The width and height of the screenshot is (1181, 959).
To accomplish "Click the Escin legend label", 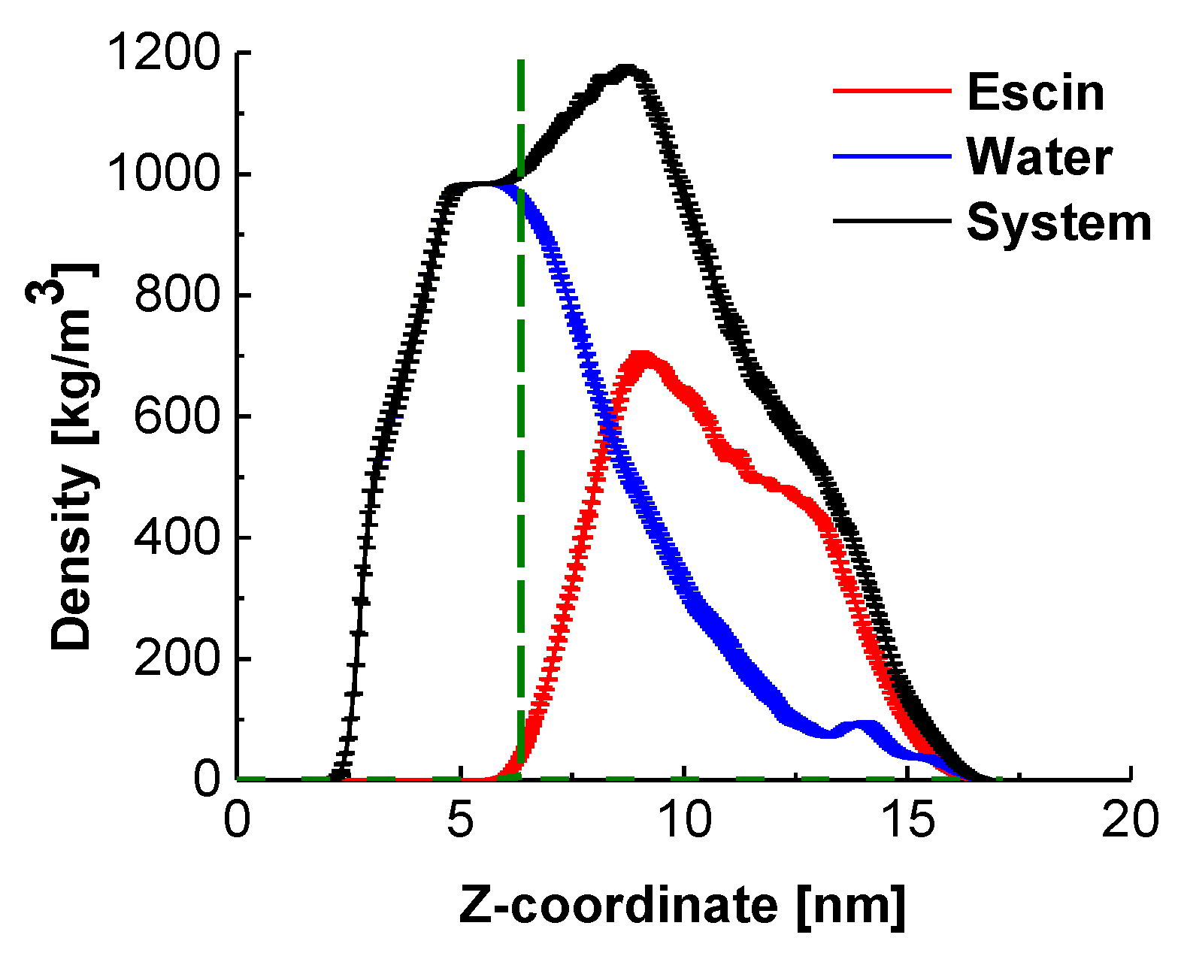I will pos(1035,92).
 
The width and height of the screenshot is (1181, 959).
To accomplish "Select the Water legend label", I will pos(1039,157).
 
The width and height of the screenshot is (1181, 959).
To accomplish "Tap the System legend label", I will pos(1058,222).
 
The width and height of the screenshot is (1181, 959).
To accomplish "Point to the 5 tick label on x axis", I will pos(460,820).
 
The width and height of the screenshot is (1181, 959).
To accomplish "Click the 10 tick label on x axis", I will pos(683,820).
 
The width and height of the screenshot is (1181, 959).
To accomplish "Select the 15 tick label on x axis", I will pos(907,820).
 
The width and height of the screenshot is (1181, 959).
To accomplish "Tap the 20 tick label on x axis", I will pos(1130,820).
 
